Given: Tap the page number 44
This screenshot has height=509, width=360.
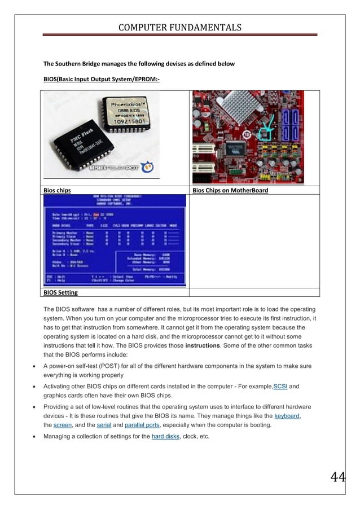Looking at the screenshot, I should pyautogui.click(x=337, y=477).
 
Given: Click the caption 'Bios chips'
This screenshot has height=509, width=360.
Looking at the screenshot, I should pyautogui.click(x=57, y=190).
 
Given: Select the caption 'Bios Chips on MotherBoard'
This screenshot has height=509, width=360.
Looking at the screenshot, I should pyautogui.click(x=230, y=190).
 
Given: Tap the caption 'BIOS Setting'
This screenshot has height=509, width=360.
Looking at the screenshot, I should pyautogui.click(x=60, y=292).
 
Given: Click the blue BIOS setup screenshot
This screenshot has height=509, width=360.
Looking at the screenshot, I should pyautogui.click(x=115, y=241).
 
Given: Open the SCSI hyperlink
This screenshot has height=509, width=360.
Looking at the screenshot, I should pyautogui.click(x=280, y=387).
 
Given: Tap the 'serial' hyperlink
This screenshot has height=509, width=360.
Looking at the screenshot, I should pyautogui.click(x=102, y=425).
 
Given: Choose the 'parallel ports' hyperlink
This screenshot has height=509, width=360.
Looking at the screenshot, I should pyautogui.click(x=139, y=425).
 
